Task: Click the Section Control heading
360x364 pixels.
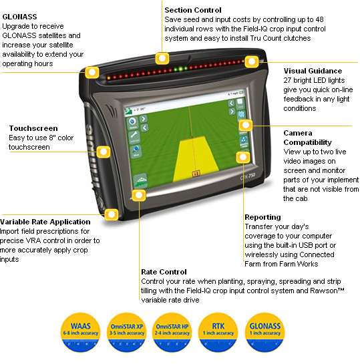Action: pos(192,10)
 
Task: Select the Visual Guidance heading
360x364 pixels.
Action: pos(313,71)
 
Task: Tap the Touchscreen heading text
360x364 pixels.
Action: pos(33,128)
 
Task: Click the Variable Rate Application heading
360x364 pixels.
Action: pos(45,222)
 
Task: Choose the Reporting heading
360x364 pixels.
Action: pos(263,218)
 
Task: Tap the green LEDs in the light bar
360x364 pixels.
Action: pos(179,69)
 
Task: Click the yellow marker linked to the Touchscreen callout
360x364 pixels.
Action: pos(102,152)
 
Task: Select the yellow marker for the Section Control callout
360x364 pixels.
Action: pos(161,57)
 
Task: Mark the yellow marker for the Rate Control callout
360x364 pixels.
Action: pos(139,194)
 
